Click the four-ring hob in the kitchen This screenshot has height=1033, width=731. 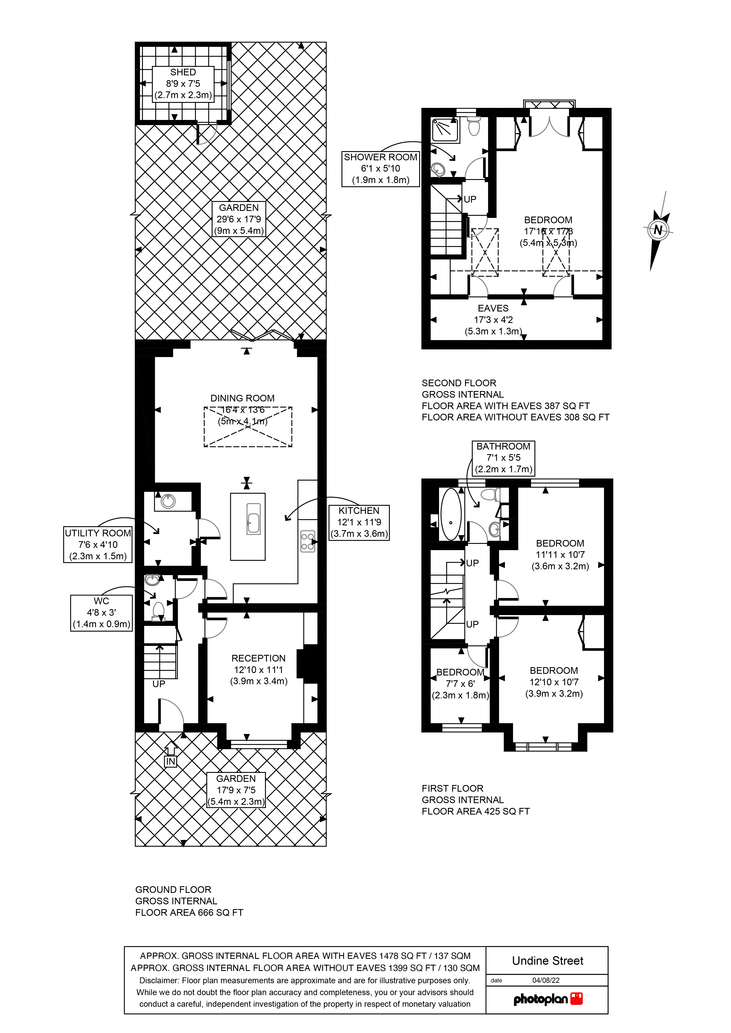(x=308, y=541)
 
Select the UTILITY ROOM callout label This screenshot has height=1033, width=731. (x=98, y=544)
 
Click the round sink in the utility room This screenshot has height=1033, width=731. (x=168, y=501)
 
